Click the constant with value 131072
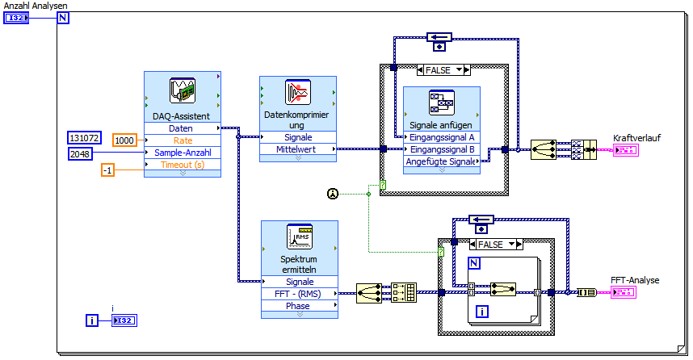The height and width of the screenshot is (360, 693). pos(84,138)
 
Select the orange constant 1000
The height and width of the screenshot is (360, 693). pos(124,140)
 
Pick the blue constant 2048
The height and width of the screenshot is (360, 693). pos(80,153)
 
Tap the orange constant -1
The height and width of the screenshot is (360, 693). pos(107,170)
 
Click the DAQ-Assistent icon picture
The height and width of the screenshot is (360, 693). pos(182,91)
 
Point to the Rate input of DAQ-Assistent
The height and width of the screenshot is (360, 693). pos(182,140)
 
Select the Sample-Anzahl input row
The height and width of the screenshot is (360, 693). pos(182,153)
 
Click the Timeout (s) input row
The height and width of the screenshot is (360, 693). pos(182,165)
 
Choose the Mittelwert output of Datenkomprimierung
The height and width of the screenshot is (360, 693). pos(298,149)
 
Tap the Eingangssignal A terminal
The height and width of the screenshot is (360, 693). pos(442,137)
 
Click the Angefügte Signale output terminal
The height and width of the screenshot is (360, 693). pos(442,161)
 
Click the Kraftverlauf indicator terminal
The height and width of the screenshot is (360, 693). pos(625,150)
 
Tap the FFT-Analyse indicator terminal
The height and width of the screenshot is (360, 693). pos(625,291)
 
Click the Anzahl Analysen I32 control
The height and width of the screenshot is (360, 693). pos(16,17)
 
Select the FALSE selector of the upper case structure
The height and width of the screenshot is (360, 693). pos(443,70)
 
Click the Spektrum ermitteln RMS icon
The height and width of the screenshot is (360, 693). pos(300,237)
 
